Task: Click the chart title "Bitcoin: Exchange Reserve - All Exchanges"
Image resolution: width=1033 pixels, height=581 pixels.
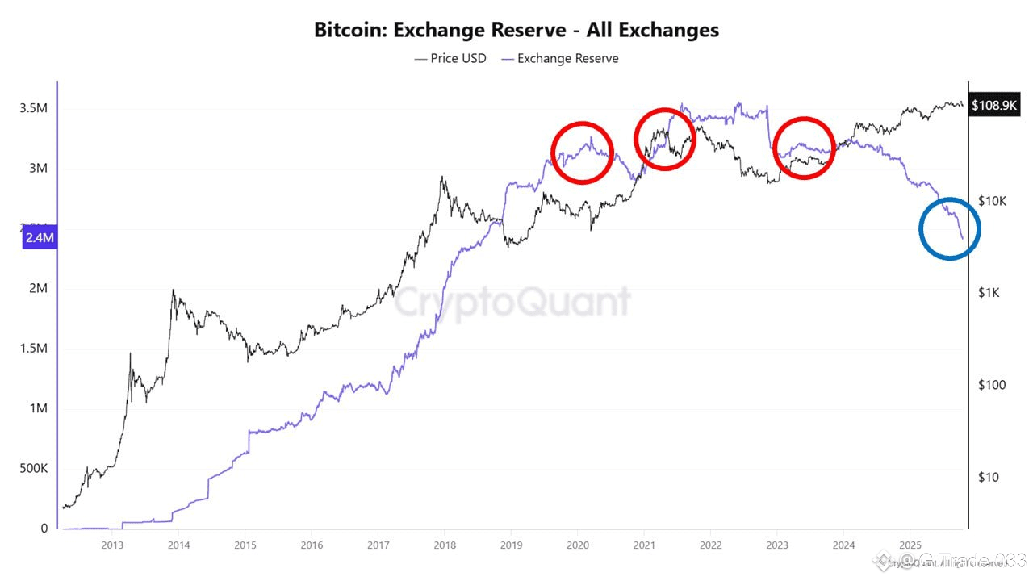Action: point(516,31)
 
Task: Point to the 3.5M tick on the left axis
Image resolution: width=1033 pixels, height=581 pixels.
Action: point(33,109)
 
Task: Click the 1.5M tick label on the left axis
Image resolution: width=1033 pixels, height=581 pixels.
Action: point(33,349)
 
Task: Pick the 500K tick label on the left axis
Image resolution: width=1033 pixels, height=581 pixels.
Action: point(33,469)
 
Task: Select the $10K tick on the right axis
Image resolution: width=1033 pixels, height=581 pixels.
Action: point(991,200)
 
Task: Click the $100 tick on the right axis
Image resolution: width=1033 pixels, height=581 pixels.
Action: point(991,385)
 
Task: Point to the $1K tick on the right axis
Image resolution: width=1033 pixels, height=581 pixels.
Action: point(989,292)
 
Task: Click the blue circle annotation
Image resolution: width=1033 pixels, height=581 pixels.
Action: point(949,228)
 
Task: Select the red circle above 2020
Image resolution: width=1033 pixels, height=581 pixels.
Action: point(582,153)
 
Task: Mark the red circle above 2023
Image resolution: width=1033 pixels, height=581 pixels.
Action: point(803,148)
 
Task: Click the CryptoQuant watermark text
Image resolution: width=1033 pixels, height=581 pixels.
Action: point(512,302)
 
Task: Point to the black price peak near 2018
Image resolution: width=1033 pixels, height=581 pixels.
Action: point(442,178)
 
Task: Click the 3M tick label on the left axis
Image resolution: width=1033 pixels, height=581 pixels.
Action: point(36,169)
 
